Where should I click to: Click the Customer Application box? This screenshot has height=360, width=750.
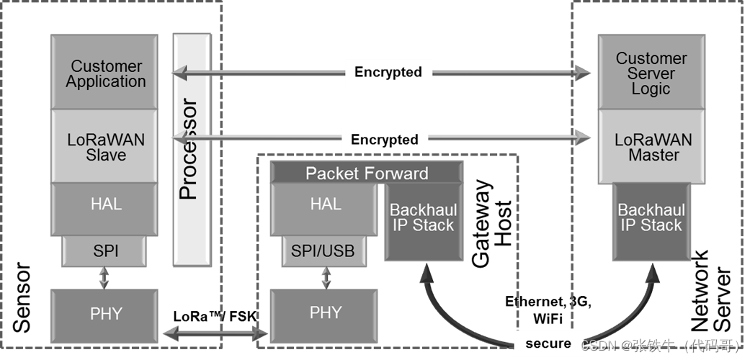tap(105, 73)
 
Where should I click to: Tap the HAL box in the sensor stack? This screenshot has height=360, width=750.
tap(105, 204)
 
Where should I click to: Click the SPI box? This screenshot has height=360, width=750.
tap(105, 251)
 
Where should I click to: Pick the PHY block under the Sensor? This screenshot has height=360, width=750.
tap(105, 314)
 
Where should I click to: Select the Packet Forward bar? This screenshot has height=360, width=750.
tap(366, 173)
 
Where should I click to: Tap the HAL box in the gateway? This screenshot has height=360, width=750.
tap(325, 204)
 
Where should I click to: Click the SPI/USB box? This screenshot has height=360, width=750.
tap(323, 251)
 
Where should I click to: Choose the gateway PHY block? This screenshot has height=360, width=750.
tap(325, 314)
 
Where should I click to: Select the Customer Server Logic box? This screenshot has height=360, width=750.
tap(651, 73)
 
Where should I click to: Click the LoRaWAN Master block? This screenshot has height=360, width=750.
tap(651, 147)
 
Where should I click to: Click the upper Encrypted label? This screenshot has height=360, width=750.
tap(388, 72)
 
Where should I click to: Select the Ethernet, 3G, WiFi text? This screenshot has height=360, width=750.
tap(548, 309)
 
